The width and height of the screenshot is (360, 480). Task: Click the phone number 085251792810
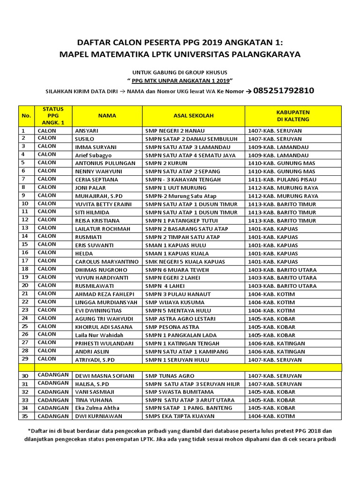283,91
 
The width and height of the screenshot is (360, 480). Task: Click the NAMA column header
107,115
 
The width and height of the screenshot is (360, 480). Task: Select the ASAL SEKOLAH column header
193,115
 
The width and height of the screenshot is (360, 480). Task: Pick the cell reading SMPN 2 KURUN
166,163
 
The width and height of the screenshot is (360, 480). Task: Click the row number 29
25,359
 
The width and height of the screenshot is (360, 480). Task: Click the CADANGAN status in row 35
53,416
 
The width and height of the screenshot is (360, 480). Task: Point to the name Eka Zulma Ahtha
97,408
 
